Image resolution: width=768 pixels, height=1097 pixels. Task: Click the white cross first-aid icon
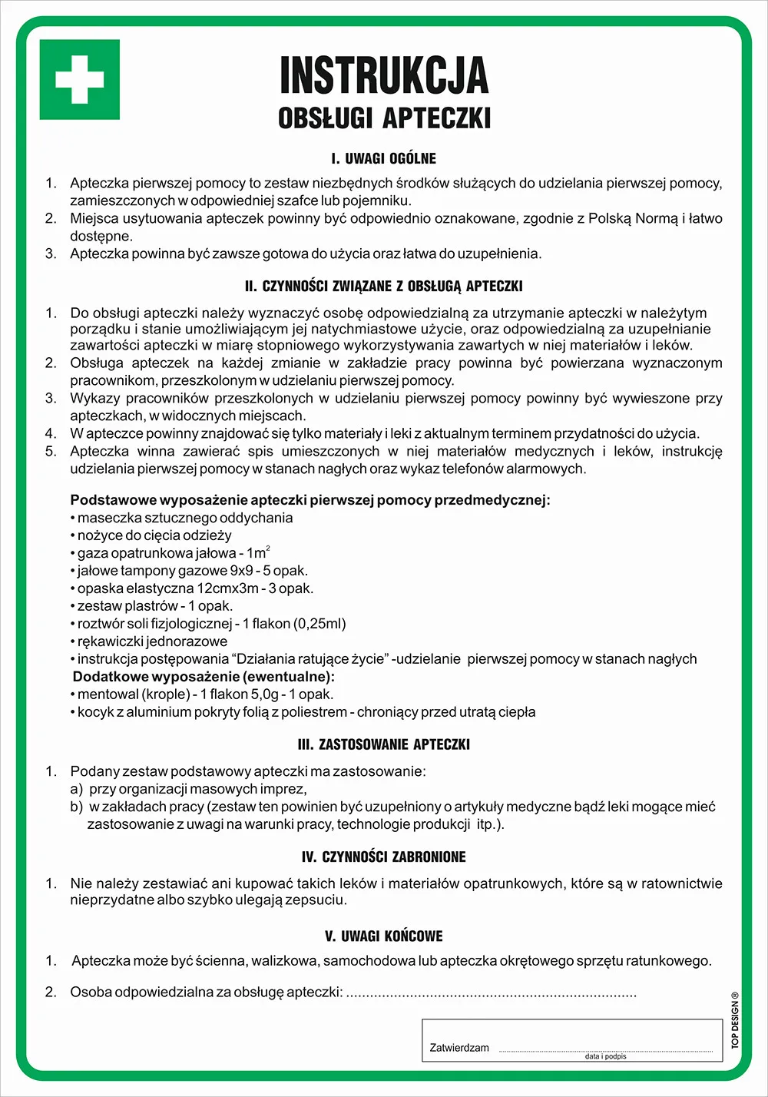pos(79,79)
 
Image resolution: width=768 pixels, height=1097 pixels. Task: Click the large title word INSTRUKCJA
pos(384,75)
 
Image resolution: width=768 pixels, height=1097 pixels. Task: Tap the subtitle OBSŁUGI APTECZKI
pos(384,118)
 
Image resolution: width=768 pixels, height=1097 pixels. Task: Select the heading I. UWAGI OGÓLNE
pos(384,159)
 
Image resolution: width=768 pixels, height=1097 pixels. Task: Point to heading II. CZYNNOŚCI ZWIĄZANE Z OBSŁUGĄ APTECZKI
pos(384,287)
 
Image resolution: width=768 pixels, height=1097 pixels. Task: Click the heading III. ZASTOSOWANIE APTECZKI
pos(384,744)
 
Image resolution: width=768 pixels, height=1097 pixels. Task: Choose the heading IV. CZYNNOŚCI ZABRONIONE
pos(384,857)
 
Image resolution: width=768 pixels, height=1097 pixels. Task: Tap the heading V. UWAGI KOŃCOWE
pos(384,936)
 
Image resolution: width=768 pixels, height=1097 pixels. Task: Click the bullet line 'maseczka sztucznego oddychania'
pos(184,519)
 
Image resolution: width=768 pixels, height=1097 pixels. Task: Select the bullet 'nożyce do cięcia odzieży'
pos(154,536)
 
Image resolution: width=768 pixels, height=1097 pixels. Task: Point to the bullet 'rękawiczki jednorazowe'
pos(152,642)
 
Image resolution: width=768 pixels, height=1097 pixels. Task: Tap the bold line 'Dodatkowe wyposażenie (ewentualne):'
pos(204,678)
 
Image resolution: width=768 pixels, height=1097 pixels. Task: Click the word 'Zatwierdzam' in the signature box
pos(459,1048)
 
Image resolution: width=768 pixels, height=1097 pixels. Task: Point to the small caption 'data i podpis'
pos(605,1056)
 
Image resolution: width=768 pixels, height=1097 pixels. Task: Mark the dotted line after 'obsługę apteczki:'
pos(492,993)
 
